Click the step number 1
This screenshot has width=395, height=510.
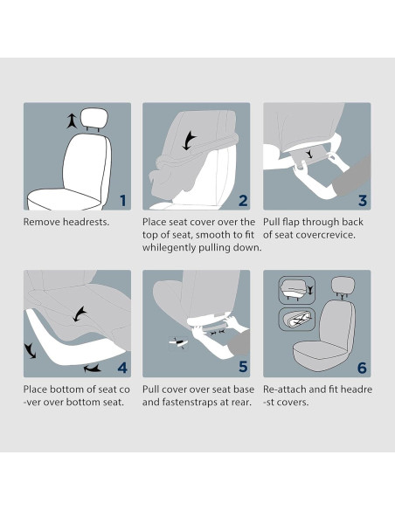pyautogui.click(x=122, y=200)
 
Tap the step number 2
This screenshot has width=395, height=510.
pyautogui.click(x=243, y=200)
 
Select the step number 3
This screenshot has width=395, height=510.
pyautogui.click(x=362, y=200)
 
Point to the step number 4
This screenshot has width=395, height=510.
pyautogui.click(x=122, y=368)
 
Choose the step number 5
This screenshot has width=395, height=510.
pyautogui.click(x=243, y=368)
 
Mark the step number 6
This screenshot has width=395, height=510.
pyautogui.click(x=362, y=368)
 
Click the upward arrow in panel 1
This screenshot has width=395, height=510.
pyautogui.click(x=71, y=121)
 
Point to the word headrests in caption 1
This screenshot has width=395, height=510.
pyautogui.click(x=89, y=223)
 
